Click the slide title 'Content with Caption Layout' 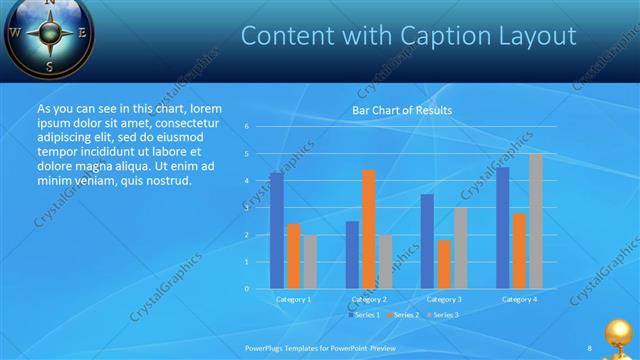point(408,36)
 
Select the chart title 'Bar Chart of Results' point(402,110)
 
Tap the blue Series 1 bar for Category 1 point(276,230)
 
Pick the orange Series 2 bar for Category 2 point(368,229)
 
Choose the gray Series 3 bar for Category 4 point(536,221)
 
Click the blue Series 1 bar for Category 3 point(427,241)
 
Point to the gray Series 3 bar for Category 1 point(310,261)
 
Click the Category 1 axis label point(293,299)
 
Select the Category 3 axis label point(443,299)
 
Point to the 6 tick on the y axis point(246,127)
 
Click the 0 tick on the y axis point(246,288)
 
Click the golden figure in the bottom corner point(621,336)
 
